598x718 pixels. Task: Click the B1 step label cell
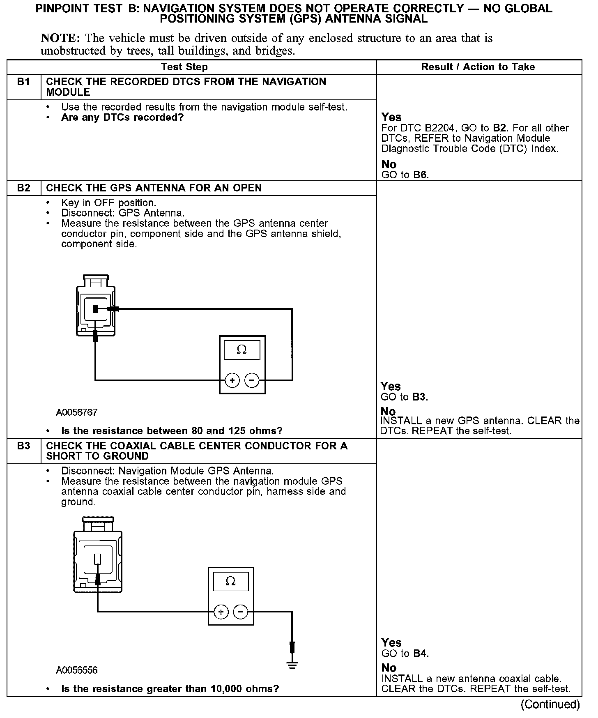[24, 82]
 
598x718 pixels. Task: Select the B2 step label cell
[24, 188]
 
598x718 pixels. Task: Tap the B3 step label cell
[24, 446]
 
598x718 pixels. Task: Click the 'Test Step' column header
[184, 67]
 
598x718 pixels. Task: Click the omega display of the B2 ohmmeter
[242, 350]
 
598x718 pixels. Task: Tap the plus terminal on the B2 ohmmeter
[232, 381]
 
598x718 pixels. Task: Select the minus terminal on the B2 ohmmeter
[252, 381]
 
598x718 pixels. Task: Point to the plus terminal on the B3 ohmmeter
[221, 612]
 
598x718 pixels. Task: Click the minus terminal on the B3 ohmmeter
[241, 612]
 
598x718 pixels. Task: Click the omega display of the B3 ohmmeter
[231, 581]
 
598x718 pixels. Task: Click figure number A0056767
[77, 412]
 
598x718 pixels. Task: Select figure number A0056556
[77, 670]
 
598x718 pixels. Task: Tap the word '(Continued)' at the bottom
[550, 704]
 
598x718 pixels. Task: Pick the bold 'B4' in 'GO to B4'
[420, 654]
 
